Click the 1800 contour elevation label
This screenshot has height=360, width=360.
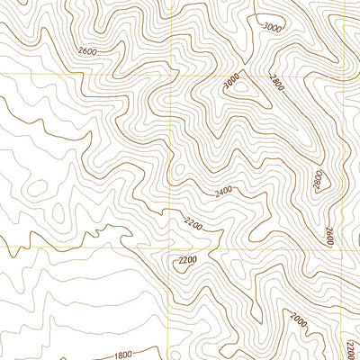(122, 355)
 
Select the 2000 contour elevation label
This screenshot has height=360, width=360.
(295, 318)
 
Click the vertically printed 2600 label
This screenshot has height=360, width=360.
(330, 237)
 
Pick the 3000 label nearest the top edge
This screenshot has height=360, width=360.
(272, 28)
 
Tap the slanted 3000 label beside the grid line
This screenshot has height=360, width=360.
(233, 83)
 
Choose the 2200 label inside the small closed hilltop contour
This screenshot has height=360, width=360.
(187, 261)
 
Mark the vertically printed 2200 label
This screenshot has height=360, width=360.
(351, 347)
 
